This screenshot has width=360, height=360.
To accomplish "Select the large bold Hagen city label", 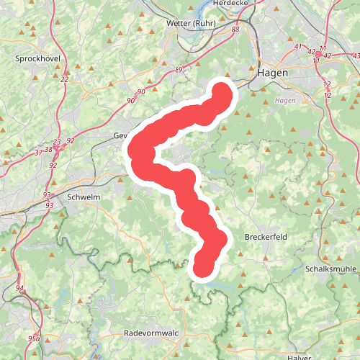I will [x=273, y=73].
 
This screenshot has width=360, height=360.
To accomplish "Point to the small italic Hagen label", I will [x=286, y=100].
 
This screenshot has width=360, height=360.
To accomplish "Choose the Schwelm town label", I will [x=82, y=196].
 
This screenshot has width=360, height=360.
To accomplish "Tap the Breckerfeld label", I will [x=267, y=237].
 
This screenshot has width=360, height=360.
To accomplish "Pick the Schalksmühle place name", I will [x=330, y=268].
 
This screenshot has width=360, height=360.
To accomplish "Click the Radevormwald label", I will [x=151, y=333].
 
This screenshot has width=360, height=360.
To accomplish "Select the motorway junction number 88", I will [x=235, y=30].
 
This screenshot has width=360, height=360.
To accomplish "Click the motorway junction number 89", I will [x=179, y=68].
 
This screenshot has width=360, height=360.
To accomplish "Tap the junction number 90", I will [x=140, y=91].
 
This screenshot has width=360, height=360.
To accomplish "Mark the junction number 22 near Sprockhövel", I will [x=65, y=79].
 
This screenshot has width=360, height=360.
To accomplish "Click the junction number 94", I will [x=19, y=289].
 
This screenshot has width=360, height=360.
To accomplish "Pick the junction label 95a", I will [x=33, y=338].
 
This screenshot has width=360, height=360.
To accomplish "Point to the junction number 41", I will [x=297, y=47].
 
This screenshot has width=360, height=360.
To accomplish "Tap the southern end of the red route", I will [x=202, y=269].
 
